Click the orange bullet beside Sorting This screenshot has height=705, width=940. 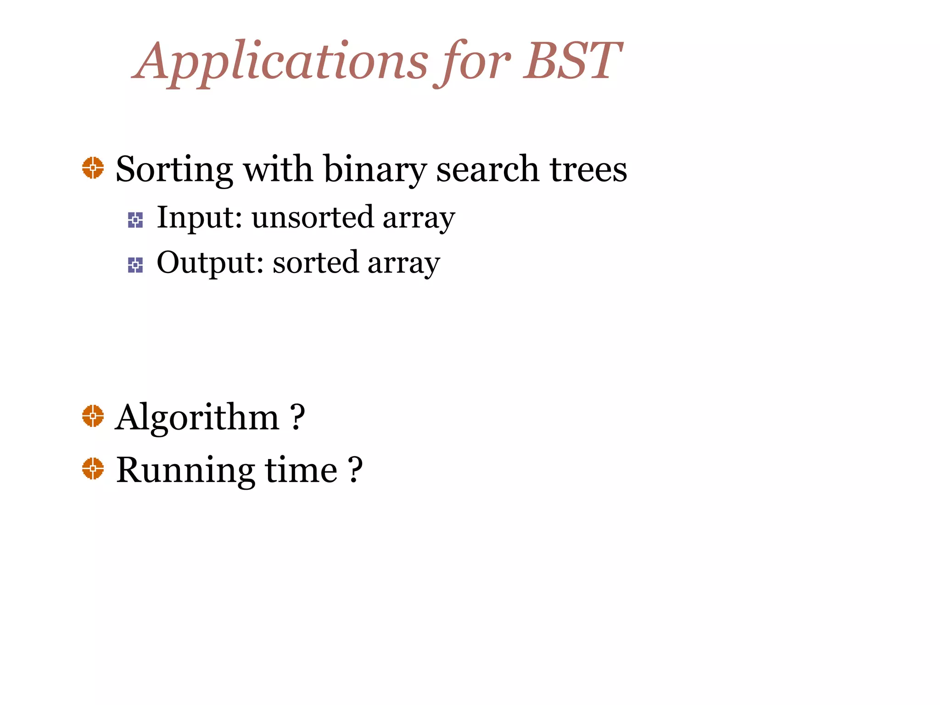93,168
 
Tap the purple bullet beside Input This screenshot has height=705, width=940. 135,220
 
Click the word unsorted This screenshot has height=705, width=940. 313,217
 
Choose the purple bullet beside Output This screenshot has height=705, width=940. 135,265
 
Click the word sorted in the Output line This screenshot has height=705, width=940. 315,263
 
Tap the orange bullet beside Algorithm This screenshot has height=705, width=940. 93,416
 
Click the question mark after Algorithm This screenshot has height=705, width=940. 297,417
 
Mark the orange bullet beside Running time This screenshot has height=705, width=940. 93,469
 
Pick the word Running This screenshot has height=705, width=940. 185,470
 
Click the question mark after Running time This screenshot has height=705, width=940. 355,470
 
